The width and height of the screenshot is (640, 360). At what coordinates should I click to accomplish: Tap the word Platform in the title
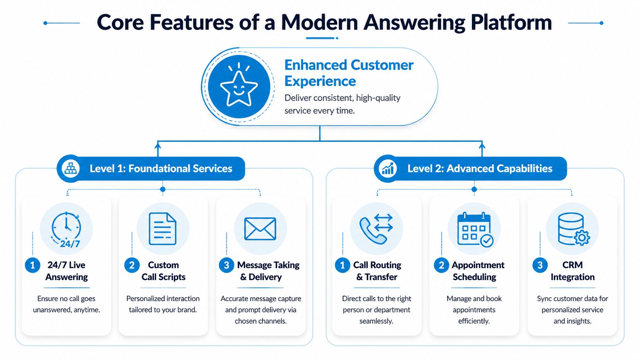[511, 23]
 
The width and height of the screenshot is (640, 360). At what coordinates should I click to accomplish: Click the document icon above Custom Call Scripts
[163, 229]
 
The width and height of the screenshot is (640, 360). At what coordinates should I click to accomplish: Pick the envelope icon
[260, 229]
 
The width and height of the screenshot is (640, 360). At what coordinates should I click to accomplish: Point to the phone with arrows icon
[376, 229]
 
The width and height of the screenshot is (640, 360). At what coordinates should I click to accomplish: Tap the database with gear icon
[573, 229]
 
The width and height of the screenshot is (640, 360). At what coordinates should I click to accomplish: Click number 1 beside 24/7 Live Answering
[33, 265]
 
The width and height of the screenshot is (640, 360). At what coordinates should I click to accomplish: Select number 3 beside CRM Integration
[540, 265]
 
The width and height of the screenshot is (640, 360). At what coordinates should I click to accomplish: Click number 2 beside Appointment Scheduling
[441, 265]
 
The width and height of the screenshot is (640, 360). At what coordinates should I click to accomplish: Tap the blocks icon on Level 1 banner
[70, 168]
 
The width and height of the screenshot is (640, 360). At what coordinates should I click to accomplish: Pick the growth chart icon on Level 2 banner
[387, 168]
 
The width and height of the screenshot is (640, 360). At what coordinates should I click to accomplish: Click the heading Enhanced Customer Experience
[348, 73]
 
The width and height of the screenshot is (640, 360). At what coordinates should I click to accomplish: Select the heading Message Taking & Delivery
[268, 271]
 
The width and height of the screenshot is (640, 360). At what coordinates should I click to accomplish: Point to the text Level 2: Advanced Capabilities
[480, 169]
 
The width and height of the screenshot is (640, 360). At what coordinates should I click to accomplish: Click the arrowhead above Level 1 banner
[158, 145]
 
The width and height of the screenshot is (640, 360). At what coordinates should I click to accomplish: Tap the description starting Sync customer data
[572, 310]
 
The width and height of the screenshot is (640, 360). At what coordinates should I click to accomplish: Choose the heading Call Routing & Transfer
[377, 271]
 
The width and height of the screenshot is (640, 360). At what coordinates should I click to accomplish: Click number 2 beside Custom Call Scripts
[132, 265]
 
